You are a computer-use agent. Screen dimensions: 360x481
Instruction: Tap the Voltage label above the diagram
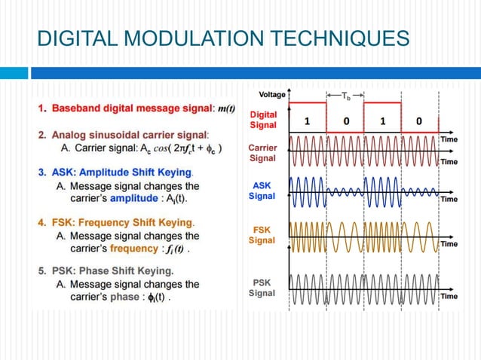271,95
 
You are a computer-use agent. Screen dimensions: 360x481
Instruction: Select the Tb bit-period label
346,96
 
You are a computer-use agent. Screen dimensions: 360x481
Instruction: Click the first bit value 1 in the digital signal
307,121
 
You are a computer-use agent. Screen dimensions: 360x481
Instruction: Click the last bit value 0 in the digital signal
419,121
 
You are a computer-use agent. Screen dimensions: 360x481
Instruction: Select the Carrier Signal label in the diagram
262,154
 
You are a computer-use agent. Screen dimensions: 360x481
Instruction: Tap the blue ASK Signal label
262,191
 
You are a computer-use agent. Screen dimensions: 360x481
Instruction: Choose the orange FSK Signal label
262,235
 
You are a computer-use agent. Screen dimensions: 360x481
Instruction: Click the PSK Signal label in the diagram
262,288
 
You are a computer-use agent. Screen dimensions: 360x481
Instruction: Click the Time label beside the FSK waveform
449,244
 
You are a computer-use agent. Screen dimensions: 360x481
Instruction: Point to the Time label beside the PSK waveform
449,296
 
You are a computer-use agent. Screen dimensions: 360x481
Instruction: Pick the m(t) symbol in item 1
225,108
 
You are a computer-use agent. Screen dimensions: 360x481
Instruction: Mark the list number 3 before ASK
42,172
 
